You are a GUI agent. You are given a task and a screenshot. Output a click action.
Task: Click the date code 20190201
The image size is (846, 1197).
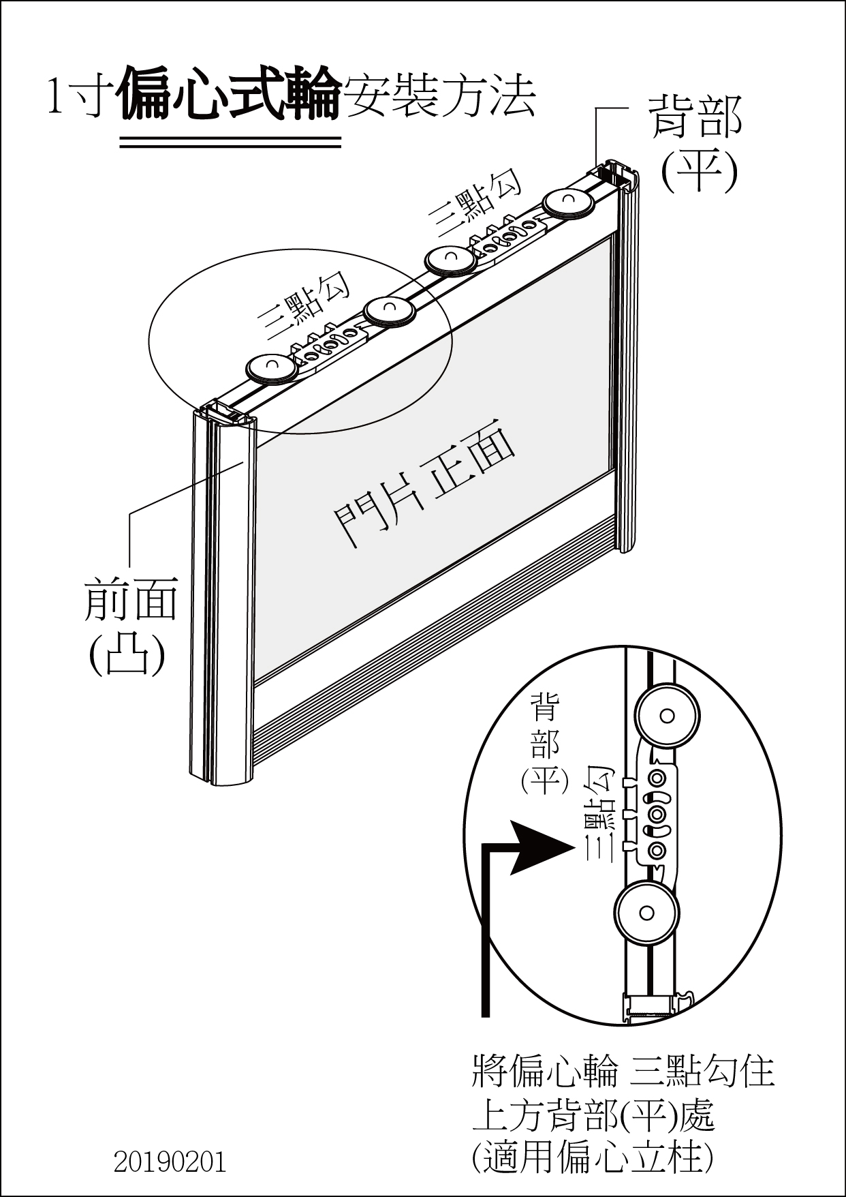(x=170, y=1162)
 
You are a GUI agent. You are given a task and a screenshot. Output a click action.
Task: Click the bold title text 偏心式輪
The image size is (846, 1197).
(x=230, y=94)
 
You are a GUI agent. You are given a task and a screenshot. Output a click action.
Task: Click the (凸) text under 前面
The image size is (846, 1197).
(x=127, y=654)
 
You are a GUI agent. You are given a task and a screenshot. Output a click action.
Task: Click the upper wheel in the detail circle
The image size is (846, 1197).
(x=667, y=716)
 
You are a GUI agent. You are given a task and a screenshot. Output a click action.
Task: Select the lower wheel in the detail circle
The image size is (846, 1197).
(x=646, y=913)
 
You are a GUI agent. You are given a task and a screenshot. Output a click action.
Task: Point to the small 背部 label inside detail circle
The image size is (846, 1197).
(x=545, y=725)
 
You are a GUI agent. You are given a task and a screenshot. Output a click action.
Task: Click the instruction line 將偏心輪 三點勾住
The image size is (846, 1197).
(x=623, y=1071)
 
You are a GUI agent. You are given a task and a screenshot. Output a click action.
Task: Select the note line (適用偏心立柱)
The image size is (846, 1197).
(x=593, y=1157)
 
